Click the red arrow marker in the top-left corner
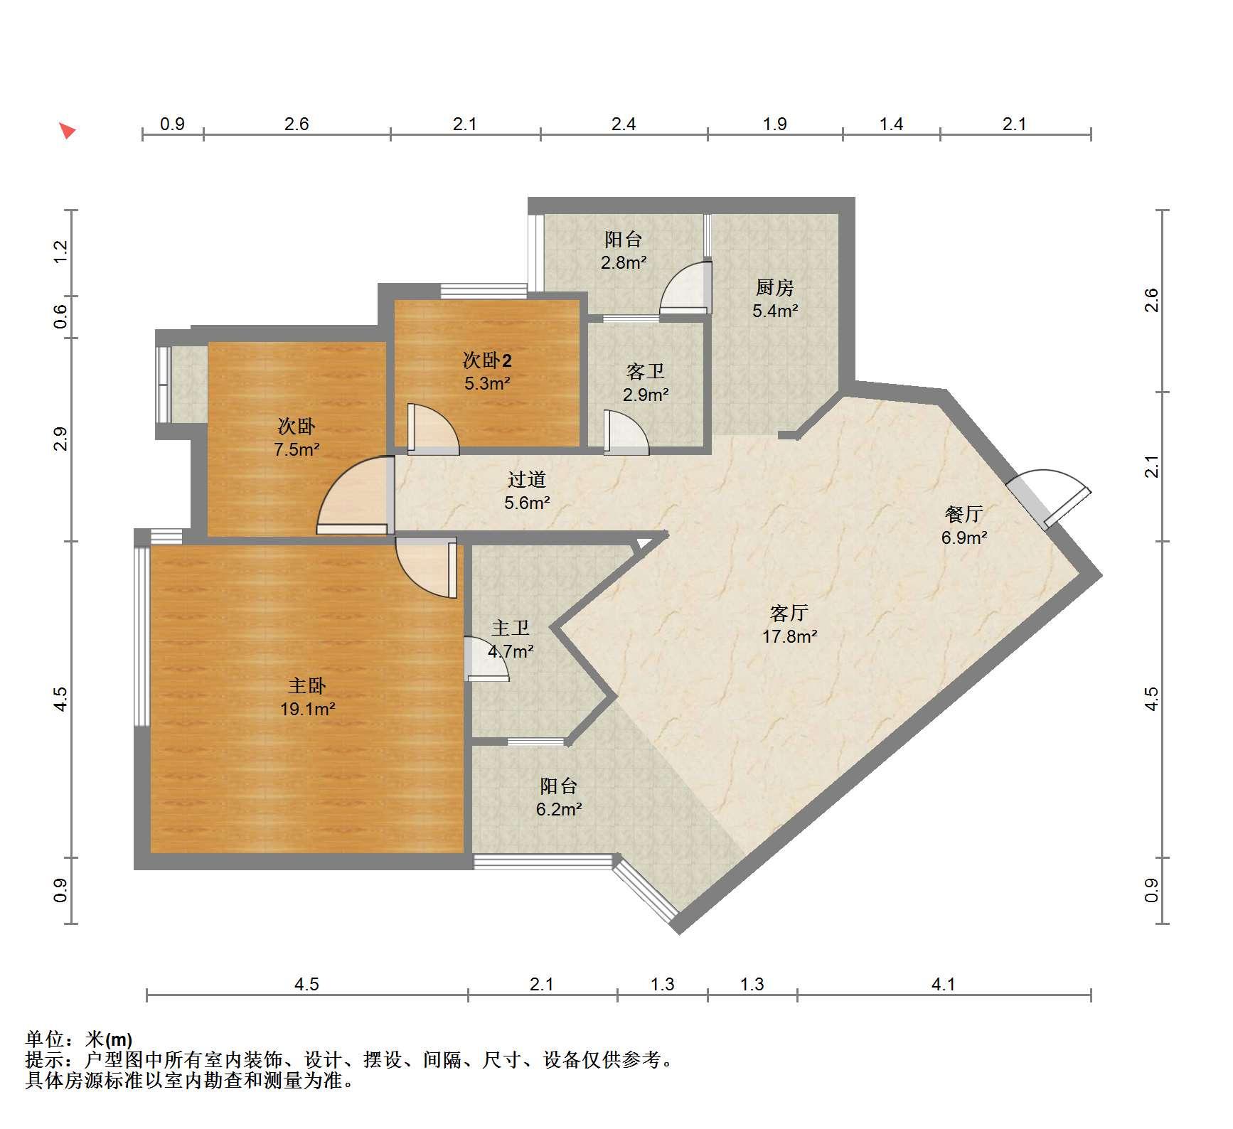point(68,131)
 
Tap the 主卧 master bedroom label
point(307,685)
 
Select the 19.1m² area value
point(307,709)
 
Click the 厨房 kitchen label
point(774,287)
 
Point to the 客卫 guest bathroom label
point(646,371)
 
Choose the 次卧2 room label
point(487,360)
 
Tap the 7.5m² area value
point(297,449)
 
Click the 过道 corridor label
point(527,480)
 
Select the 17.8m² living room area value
point(789,636)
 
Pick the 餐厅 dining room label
point(964,514)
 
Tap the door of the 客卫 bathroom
point(626,432)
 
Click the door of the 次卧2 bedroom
point(432,429)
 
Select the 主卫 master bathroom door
point(486,658)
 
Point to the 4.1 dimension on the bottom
point(943,984)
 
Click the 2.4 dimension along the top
point(624,124)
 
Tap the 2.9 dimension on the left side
point(61,439)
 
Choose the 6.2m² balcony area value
point(559,809)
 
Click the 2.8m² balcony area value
point(624,262)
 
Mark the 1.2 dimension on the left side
point(61,252)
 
